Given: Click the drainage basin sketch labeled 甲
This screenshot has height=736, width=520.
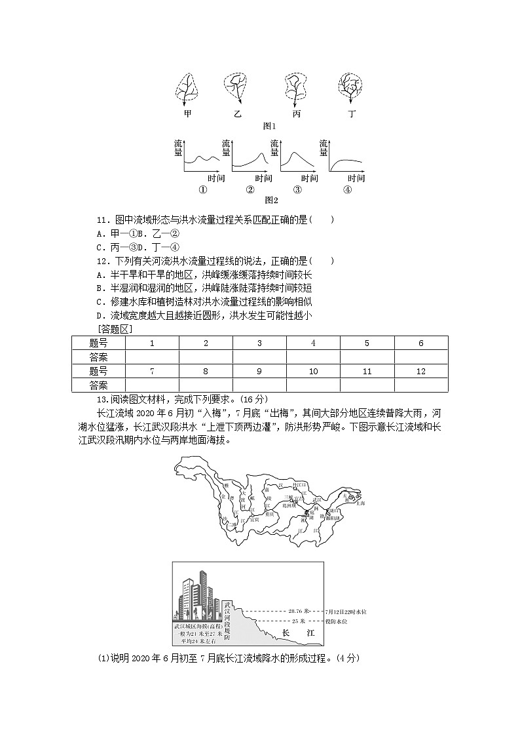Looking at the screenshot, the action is [x=187, y=88].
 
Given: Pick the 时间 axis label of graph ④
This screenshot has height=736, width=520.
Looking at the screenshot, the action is [x=356, y=178].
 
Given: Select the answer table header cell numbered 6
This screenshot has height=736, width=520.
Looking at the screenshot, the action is [x=420, y=343].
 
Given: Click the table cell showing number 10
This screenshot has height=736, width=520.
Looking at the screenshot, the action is [x=313, y=371].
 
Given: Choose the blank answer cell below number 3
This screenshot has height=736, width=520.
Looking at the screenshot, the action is [x=259, y=357].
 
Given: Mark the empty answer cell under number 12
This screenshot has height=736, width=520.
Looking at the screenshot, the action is [x=420, y=385].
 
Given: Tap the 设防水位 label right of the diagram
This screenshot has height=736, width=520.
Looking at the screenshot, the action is [x=336, y=621].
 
